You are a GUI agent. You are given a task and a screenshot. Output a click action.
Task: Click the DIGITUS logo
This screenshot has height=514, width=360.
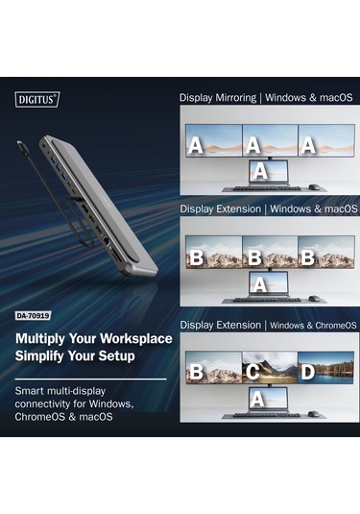coord(37,98)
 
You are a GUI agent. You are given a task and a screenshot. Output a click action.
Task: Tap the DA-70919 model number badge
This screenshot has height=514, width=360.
coord(35,313)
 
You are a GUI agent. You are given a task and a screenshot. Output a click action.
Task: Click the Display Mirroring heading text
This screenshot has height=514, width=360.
coord(217,97)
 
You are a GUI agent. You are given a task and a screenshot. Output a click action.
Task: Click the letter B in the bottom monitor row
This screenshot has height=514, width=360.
coord(197,370)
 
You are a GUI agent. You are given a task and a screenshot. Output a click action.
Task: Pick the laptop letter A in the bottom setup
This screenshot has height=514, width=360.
coord(255,397)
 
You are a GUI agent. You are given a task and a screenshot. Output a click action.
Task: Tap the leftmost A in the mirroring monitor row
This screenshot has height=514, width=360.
coord(197,146)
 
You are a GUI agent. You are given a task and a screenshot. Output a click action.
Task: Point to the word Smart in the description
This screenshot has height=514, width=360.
coord(34,392)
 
